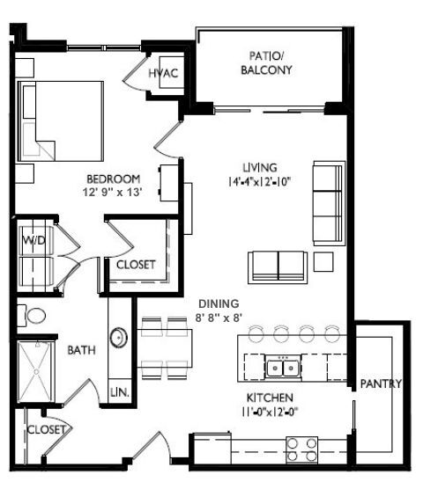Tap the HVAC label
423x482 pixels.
165,72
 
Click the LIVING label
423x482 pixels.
260,167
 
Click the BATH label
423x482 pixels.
82,350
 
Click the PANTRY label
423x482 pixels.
381,383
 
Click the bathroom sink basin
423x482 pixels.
117,338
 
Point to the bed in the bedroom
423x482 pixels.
62,121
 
